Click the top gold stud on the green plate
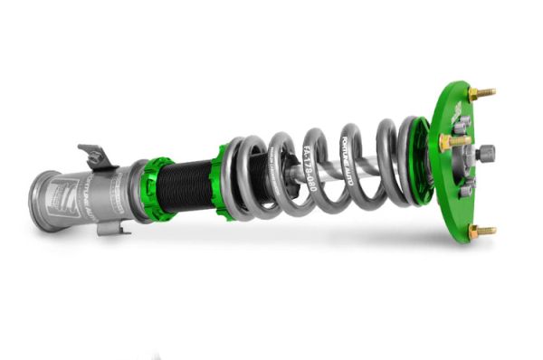pyautogui.click(x=482, y=93)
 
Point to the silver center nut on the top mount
pyautogui.click(x=485, y=154)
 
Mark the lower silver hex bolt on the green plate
pyautogui.click(x=465, y=189)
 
